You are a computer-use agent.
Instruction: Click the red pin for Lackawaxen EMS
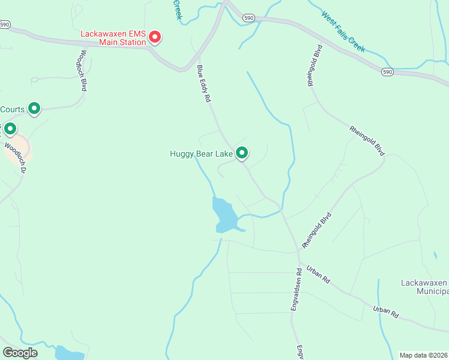[x=155, y=37]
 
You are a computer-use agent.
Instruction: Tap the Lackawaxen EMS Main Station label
[x=113, y=38]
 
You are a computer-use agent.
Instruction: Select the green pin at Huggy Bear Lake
[x=242, y=154]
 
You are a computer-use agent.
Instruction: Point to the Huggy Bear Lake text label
[x=200, y=154]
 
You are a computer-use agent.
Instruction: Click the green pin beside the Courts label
[x=35, y=109]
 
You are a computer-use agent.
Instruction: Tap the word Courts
[x=12, y=109]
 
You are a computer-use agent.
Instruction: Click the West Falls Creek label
[x=343, y=31]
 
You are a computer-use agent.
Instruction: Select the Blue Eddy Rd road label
[x=204, y=83]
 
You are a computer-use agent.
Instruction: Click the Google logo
[x=20, y=352]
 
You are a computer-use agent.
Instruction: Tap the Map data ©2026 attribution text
[x=423, y=355]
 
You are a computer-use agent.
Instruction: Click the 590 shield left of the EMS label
[x=5, y=25]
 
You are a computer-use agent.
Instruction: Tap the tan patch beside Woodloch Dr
[x=18, y=148]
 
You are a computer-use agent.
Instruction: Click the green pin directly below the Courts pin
[x=10, y=129]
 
